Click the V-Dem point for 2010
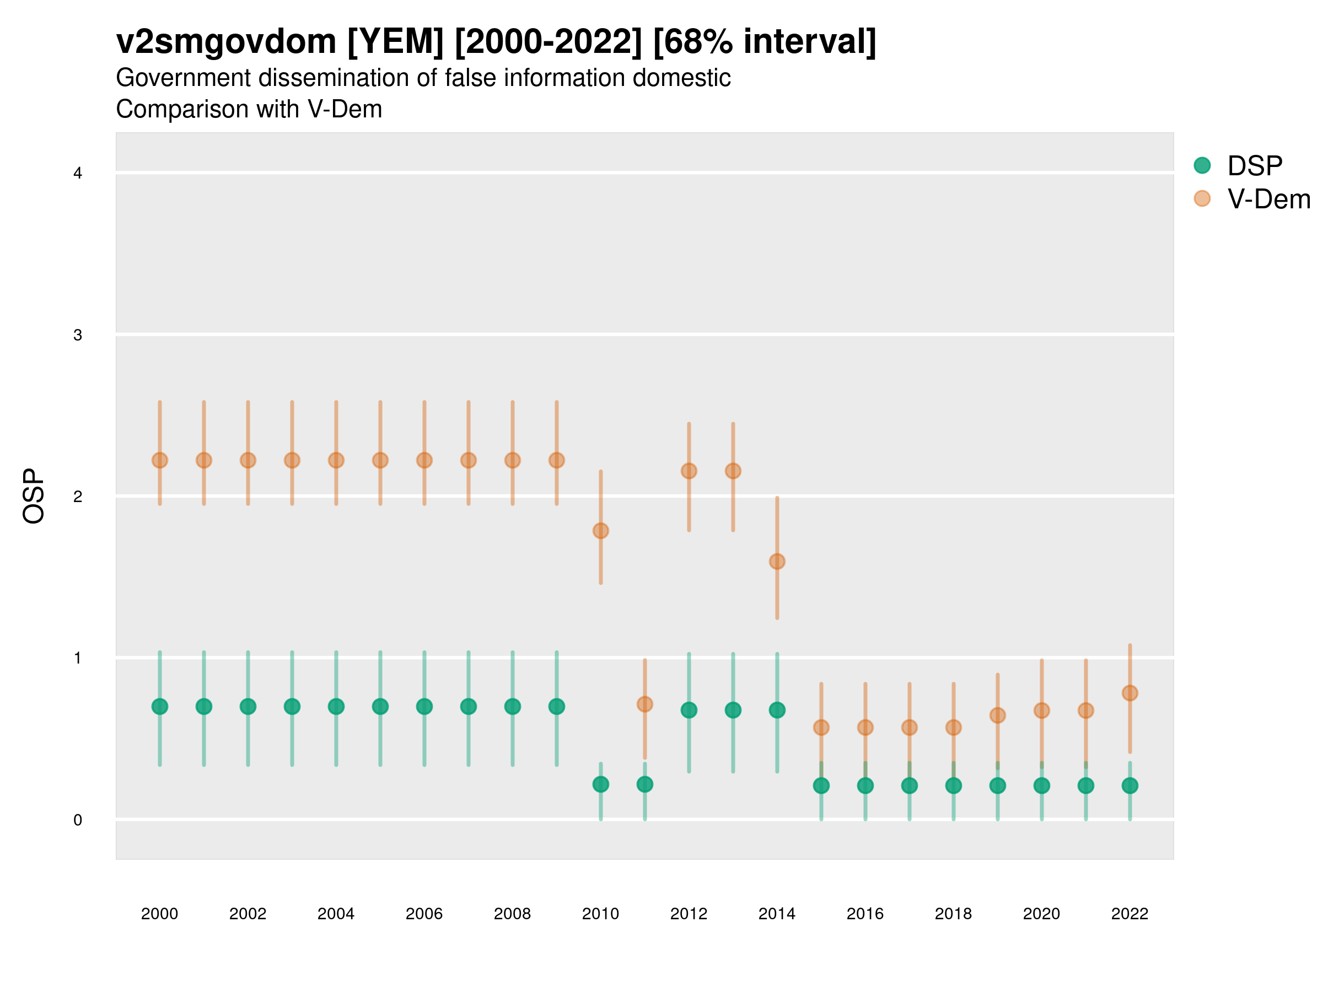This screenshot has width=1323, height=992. (600, 530)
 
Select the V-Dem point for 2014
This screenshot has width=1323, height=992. (777, 562)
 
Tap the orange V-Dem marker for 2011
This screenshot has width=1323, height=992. (645, 704)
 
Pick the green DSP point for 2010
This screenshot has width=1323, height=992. (600, 784)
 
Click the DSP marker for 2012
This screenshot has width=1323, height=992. (689, 710)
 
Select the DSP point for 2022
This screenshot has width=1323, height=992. (1130, 785)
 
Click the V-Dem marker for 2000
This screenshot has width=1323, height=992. (160, 460)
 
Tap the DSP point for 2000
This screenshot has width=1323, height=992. (160, 706)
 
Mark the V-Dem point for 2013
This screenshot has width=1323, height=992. (733, 471)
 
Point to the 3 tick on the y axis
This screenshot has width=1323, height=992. (78, 335)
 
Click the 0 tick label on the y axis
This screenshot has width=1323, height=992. (78, 820)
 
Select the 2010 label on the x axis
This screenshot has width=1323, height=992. (600, 914)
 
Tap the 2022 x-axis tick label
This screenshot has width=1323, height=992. (1130, 914)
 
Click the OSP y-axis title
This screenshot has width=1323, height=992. (34, 495)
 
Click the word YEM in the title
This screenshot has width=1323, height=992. (395, 42)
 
